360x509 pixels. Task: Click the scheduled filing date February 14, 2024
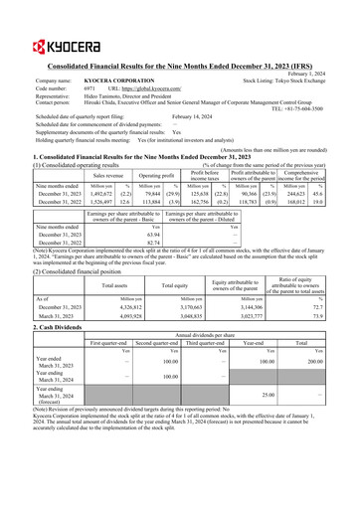203,116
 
